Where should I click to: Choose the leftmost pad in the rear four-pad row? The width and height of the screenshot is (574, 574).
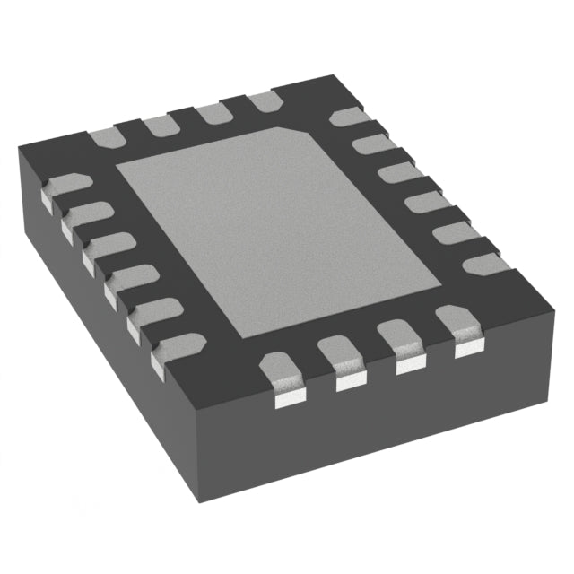pos(106,137)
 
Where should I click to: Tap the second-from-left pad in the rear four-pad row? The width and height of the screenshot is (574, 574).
pos(160,125)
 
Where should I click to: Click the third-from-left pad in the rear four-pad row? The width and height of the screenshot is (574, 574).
pos(213,113)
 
